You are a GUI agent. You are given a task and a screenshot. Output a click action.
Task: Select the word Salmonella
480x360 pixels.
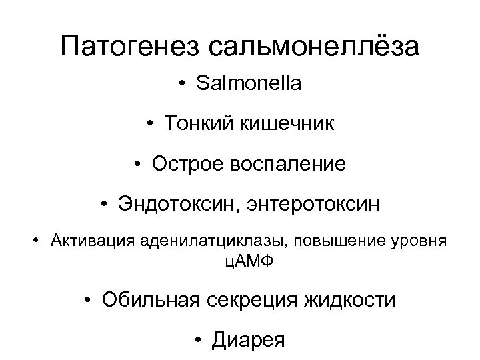point(249,85)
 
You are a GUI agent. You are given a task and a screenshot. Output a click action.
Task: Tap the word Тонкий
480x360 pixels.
point(198,125)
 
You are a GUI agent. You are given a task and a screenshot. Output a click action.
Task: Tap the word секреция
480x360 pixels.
point(257,301)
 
